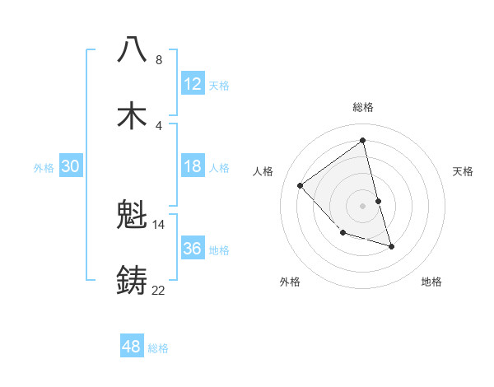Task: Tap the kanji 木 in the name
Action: pyautogui.click(x=132, y=116)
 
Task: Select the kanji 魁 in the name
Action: pyautogui.click(x=132, y=216)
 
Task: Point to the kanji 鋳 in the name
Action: pyautogui.click(x=132, y=281)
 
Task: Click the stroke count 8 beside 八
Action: pyautogui.click(x=158, y=60)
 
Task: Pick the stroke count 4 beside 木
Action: pyautogui.click(x=158, y=125)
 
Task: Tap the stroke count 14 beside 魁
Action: pyautogui.click(x=158, y=224)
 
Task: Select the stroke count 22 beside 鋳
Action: pyautogui.click(x=158, y=290)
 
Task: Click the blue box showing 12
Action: pyautogui.click(x=193, y=83)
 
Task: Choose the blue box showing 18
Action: pyautogui.click(x=193, y=166)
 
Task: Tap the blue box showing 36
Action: pyautogui.click(x=193, y=249)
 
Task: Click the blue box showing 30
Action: pyautogui.click(x=70, y=166)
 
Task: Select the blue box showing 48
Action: pyautogui.click(x=132, y=347)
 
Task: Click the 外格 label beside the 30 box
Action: pyautogui.click(x=44, y=168)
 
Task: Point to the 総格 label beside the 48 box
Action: pyautogui.click(x=158, y=348)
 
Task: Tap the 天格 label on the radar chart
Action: pyautogui.click(x=463, y=171)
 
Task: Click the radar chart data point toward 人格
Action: pyautogui.click(x=301, y=185)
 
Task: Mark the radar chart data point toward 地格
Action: pyautogui.click(x=391, y=246)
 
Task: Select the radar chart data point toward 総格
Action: pyautogui.click(x=362, y=140)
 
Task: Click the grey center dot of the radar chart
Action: pyautogui.click(x=362, y=205)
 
